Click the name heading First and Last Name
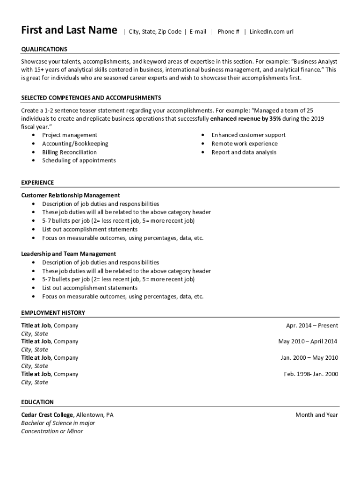(69, 30)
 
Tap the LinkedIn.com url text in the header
(271, 32)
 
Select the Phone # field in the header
(228, 32)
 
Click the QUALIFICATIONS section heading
(44, 49)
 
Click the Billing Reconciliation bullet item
(69, 152)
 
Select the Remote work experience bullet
(244, 144)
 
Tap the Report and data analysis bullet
(244, 152)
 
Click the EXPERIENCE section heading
(37, 182)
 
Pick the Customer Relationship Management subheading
(71, 195)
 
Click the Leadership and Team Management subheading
(69, 254)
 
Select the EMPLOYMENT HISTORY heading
(53, 312)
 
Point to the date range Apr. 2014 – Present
(312, 326)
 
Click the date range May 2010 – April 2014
(308, 341)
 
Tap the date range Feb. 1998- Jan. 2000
(311, 374)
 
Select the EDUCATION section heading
(37, 402)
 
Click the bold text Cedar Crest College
(47, 415)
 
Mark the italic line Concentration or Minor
(52, 431)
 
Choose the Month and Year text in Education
(317, 415)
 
